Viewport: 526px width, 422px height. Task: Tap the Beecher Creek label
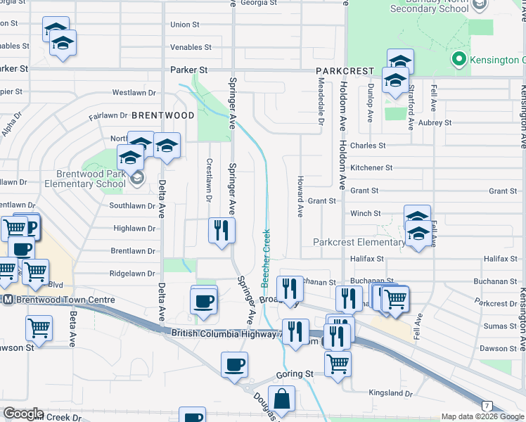267,257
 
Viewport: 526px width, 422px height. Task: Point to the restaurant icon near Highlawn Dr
222,230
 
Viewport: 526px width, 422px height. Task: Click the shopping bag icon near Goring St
281,399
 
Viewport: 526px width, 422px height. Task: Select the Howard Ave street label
300,196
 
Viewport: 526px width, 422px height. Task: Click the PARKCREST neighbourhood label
342,72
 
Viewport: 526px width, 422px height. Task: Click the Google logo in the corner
23,414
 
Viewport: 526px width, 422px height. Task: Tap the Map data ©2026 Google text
482,416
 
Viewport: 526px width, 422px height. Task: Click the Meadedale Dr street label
321,101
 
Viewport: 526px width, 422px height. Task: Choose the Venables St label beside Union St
191,47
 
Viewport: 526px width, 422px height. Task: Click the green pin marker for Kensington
461,59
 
